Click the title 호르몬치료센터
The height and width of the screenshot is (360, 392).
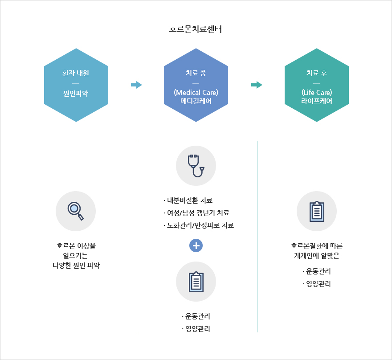tap(196, 30)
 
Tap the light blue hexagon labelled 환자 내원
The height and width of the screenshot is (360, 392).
tap(76, 85)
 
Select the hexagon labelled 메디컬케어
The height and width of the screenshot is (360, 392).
tap(196, 85)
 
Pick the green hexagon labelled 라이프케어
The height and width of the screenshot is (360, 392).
tap(317, 85)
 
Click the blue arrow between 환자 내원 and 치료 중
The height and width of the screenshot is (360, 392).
tap(136, 85)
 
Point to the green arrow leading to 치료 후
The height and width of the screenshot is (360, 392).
tap(257, 85)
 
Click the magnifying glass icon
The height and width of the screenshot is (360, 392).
tap(75, 211)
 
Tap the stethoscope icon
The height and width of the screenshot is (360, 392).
tap(196, 165)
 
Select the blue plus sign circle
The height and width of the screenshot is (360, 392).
tap(196, 245)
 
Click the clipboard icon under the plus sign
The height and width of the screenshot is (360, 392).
tap(196, 282)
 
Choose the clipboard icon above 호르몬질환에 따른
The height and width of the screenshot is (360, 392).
tap(317, 211)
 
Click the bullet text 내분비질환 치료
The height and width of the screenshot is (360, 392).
tap(187, 200)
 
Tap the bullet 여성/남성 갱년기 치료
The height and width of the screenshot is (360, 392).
tap(196, 213)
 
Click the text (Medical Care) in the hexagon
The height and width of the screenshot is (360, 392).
tap(196, 93)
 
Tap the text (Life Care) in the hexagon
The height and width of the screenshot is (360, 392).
tap(317, 93)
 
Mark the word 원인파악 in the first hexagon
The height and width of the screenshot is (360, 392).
tap(76, 94)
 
